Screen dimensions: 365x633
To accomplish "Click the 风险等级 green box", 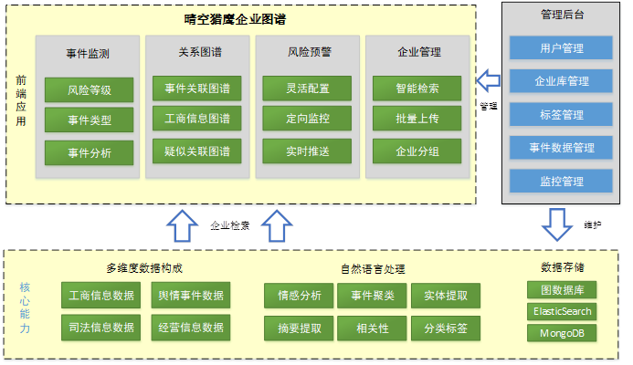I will coord(89,89).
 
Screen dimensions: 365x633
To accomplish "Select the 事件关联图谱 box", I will coord(197,89).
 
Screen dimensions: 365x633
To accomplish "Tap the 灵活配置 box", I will coord(308,89).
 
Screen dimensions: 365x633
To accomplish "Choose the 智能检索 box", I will coord(417,89).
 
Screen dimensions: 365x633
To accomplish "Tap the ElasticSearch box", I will coord(563,311).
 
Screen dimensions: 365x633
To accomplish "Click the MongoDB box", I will coord(563,333).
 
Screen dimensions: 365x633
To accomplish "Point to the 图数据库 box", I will coord(563,290).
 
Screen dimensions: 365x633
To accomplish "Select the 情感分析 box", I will coord(299,296).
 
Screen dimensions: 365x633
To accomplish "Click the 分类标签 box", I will coord(445,327).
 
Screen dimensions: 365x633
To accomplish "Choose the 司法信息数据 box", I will coord(101,327).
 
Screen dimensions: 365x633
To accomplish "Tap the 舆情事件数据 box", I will coord(191,296).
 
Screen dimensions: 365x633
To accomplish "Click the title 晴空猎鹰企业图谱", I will coord(247,18).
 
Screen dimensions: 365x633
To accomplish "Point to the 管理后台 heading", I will coord(561,16).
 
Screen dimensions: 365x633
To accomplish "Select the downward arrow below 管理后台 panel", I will coord(556,222).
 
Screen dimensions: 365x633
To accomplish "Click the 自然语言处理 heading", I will coord(372,269).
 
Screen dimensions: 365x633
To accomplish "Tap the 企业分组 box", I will coord(417,151).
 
